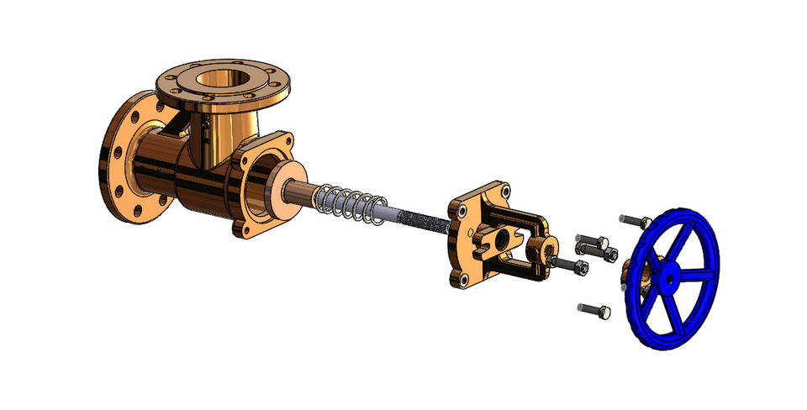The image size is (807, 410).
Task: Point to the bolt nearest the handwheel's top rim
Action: (635, 221)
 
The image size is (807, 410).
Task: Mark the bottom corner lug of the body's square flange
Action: (241, 228)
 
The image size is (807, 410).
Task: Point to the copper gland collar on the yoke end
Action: (541, 250)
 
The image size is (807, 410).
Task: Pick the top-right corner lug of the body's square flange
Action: (287, 139)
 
